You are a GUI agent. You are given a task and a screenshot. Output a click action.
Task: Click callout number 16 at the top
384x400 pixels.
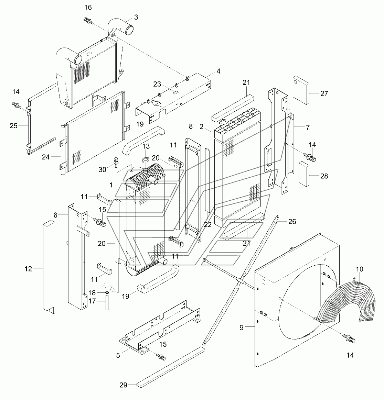(x=88, y=7)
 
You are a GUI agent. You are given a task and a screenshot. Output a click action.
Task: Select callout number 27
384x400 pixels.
(x=324, y=93)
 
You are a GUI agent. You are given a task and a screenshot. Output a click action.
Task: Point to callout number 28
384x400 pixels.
(x=324, y=176)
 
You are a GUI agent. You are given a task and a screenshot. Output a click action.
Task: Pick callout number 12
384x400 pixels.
(x=28, y=269)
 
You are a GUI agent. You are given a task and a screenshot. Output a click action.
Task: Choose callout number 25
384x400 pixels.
(x=13, y=126)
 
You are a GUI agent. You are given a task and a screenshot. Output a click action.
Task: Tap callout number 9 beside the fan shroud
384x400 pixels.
(x=242, y=327)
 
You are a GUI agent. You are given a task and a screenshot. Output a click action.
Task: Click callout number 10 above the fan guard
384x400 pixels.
(x=359, y=269)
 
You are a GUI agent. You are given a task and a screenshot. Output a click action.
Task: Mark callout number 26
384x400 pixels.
(x=292, y=222)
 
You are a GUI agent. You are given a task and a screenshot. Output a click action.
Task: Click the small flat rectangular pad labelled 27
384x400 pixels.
(x=300, y=89)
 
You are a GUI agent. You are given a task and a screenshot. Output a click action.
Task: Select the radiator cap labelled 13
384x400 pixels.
(x=146, y=159)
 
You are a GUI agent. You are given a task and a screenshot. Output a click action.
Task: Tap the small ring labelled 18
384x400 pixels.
(x=107, y=292)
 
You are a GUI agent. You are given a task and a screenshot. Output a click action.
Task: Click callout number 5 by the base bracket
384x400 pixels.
(x=118, y=355)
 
